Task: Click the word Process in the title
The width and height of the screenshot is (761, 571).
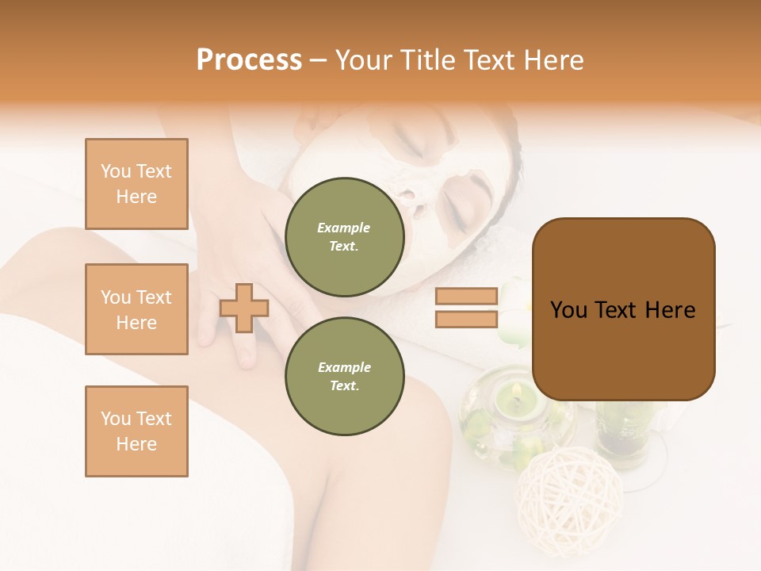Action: click(x=249, y=60)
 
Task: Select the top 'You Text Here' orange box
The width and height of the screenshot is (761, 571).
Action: click(x=136, y=184)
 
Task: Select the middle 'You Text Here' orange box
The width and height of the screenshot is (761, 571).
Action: click(x=136, y=309)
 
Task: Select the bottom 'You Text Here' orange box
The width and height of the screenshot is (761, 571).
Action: click(x=136, y=431)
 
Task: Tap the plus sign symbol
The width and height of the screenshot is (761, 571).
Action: click(x=243, y=308)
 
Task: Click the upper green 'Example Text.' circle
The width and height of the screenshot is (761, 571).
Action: click(x=344, y=236)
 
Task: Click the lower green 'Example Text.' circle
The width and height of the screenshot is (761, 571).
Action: click(x=344, y=376)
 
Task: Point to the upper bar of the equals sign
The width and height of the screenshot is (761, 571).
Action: click(x=466, y=296)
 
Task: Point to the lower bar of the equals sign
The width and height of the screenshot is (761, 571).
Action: click(x=466, y=319)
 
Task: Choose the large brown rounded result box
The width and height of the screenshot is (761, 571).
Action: click(x=623, y=309)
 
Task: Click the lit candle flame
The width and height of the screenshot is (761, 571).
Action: click(x=516, y=390)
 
